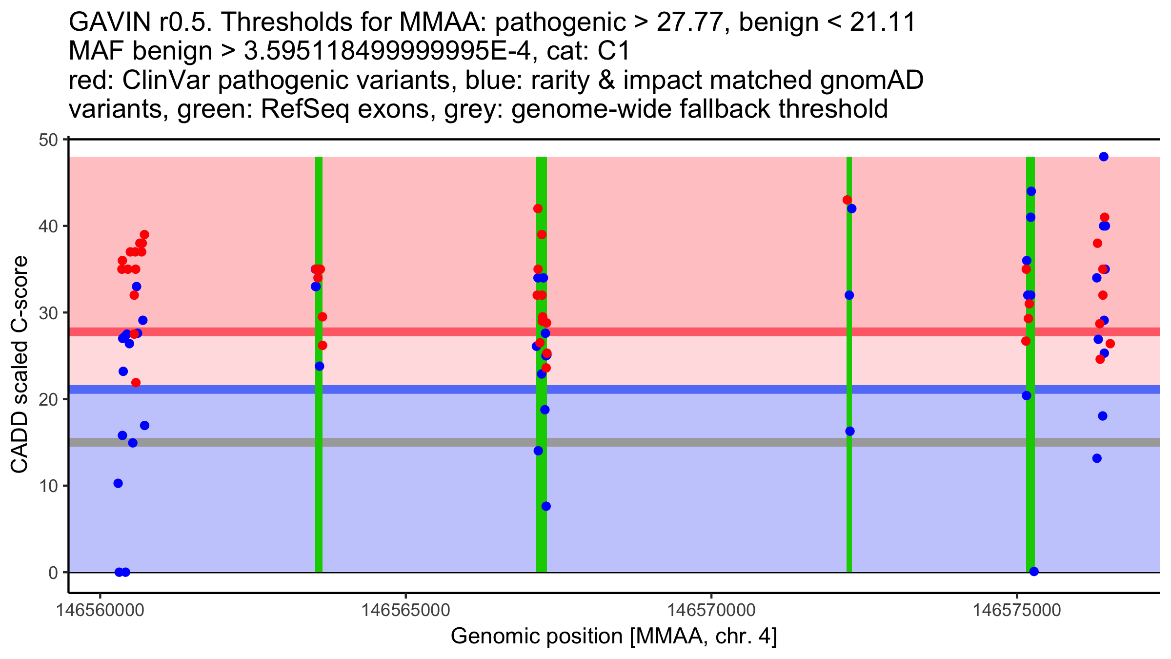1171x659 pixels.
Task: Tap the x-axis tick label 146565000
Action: (405, 610)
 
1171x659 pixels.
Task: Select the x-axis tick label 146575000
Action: (1017, 610)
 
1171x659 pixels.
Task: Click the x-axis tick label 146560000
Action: (100, 610)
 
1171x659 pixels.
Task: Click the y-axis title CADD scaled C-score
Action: (20, 365)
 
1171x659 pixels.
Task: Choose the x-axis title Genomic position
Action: (613, 637)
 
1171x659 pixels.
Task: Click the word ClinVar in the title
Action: (166, 81)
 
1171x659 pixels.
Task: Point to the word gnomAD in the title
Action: (871, 81)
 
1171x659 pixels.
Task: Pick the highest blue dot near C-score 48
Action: (1104, 157)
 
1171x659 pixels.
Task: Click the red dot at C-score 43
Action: (847, 200)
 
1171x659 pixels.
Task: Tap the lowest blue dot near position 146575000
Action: (1034, 572)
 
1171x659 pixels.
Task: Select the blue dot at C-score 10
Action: (118, 483)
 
